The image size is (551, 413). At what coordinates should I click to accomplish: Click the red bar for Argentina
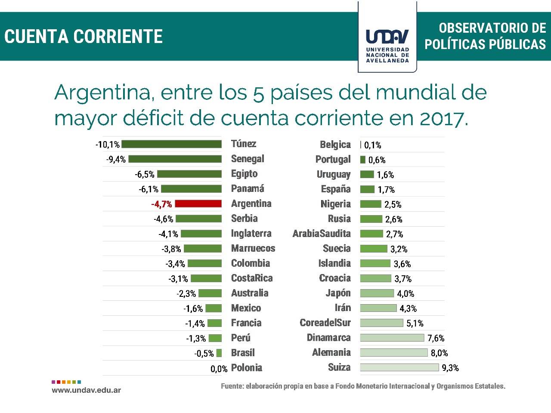click(198, 204)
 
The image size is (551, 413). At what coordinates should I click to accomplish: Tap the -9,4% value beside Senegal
click(116, 160)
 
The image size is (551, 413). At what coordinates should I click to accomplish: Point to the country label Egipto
click(244, 174)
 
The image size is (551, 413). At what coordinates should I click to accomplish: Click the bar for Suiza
click(399, 367)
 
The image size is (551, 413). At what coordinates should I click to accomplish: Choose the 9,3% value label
click(450, 368)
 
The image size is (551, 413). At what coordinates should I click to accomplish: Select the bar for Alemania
click(394, 353)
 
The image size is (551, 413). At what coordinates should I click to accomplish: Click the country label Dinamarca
click(328, 338)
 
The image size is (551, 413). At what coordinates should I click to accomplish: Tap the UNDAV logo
click(387, 43)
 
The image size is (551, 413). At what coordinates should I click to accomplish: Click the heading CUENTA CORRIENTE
click(84, 37)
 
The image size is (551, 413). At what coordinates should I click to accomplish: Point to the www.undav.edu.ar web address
click(86, 390)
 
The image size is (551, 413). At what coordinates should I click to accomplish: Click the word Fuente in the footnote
click(232, 386)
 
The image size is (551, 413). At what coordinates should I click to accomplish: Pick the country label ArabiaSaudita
click(322, 234)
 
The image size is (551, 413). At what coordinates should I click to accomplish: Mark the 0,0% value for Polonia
click(219, 369)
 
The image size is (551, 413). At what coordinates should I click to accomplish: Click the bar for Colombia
click(204, 263)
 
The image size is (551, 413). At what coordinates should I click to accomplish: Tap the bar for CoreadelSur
click(381, 323)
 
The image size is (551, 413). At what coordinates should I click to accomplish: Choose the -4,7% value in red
click(161, 204)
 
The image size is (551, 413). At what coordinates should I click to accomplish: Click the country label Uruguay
click(334, 175)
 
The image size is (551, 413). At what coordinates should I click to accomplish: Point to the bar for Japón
click(377, 293)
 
